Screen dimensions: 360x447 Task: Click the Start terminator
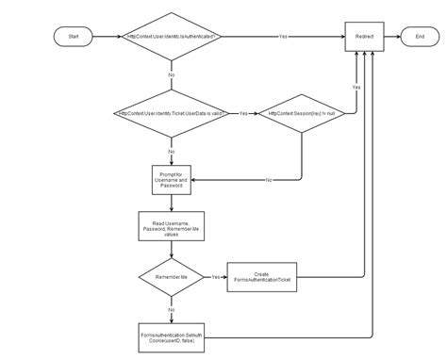73,36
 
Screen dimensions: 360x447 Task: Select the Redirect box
364,36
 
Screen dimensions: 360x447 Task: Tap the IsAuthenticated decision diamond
172,36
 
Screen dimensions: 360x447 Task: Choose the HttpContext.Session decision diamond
302,114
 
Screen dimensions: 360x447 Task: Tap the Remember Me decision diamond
172,278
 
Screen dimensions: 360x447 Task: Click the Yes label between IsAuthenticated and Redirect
283,36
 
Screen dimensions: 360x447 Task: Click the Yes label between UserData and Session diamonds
243,114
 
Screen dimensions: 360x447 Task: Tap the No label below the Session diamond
269,179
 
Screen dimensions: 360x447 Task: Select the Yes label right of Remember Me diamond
216,278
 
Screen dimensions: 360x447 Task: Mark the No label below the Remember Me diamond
172,307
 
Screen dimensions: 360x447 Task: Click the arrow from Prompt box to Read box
172,202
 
